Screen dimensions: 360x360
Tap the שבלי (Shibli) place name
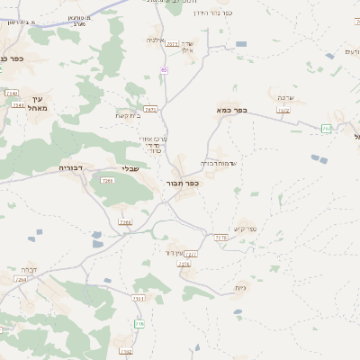coord(131,168)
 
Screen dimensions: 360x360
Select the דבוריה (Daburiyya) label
coord(71,167)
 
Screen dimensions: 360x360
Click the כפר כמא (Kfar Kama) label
coord(231,110)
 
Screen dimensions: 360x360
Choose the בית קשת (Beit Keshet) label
coord(126,115)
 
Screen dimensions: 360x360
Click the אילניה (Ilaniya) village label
coord(155,40)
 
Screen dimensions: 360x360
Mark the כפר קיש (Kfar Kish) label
coord(247,229)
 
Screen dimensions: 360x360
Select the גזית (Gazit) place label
coord(240,287)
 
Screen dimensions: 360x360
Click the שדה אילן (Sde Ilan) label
coord(186,47)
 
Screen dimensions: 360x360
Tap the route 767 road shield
coord(150,109)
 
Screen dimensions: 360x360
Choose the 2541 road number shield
coord(19,105)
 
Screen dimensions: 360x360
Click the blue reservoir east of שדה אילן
coord(241,44)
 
